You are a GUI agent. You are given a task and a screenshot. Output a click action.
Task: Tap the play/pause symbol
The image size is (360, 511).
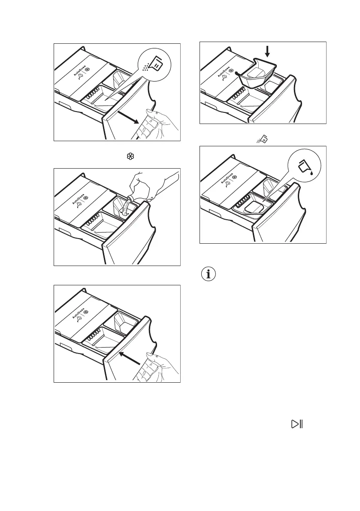(x=297, y=424)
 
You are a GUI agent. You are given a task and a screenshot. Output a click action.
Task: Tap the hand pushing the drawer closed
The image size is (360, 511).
(x=154, y=367)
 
